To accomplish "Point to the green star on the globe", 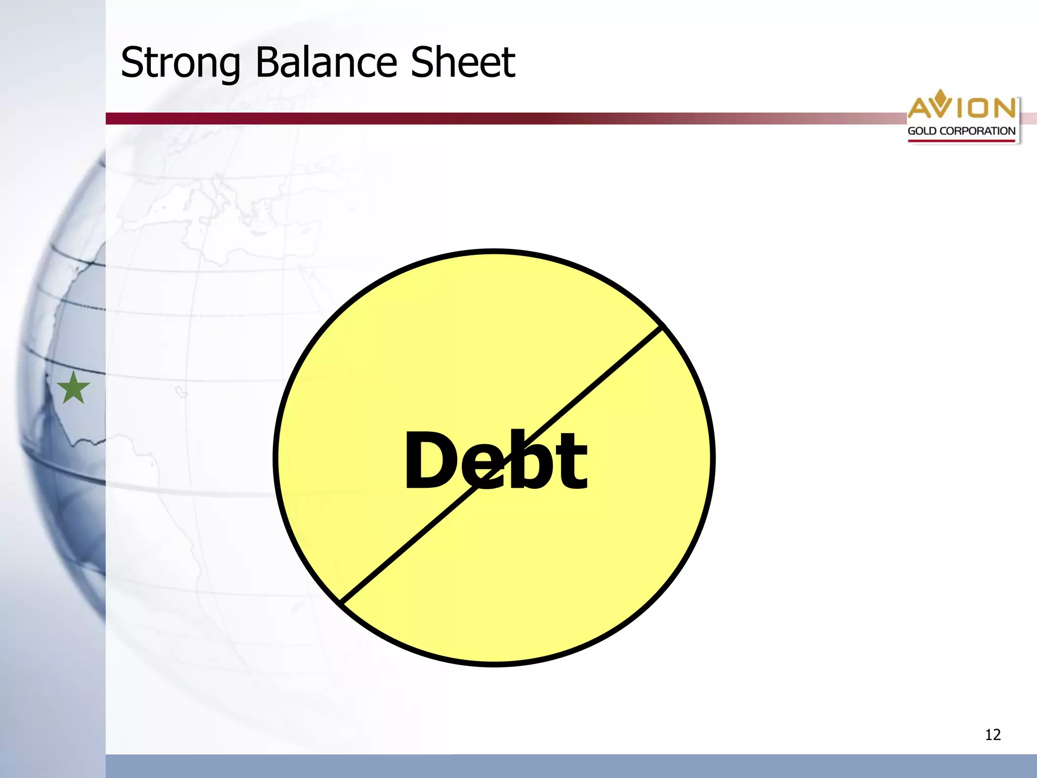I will click(x=73, y=388).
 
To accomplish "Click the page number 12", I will click(x=992, y=734).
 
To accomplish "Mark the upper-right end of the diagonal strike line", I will click(x=661, y=327).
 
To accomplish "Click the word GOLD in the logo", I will click(x=922, y=131).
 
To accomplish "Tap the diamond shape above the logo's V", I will click(x=940, y=95).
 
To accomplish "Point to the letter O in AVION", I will click(x=980, y=108).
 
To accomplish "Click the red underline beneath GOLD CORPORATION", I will click(x=961, y=141).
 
